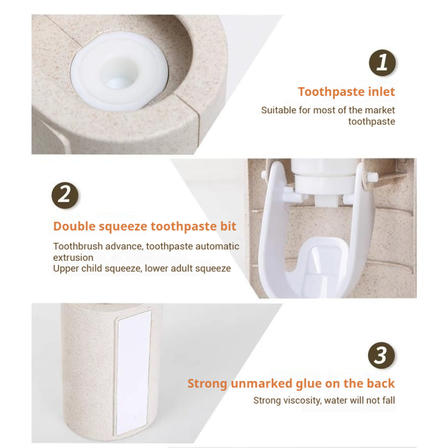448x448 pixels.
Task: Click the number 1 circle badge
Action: tap(382, 63)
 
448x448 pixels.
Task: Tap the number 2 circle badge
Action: tap(65, 196)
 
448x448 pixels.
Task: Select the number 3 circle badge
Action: tap(381, 355)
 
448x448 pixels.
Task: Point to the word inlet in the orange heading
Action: tap(381, 92)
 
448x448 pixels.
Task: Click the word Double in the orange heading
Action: tap(74, 226)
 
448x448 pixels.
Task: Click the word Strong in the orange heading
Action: tap(207, 384)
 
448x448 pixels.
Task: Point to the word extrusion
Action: tap(73, 258)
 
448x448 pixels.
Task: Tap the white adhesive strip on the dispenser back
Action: tap(133, 371)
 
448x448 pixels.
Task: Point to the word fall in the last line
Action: tap(389, 400)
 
